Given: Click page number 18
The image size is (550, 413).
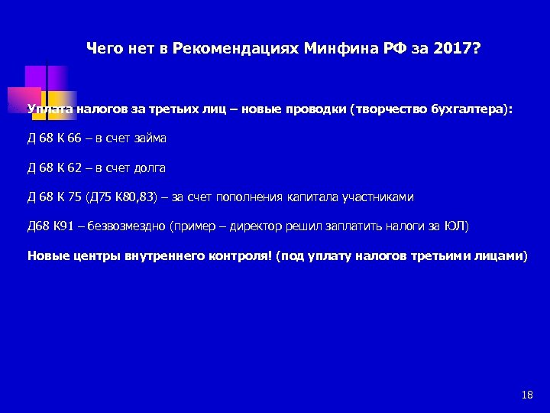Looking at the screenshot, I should pos(526,395).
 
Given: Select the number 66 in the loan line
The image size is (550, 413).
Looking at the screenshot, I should pos(73,139).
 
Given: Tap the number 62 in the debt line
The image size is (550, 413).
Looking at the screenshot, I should pos(73,168).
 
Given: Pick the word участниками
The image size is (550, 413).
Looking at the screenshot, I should pos(379,197).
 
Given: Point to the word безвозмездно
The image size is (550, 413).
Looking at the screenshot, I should pos(129,226).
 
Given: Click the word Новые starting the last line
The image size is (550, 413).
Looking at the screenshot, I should pos(47,255).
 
